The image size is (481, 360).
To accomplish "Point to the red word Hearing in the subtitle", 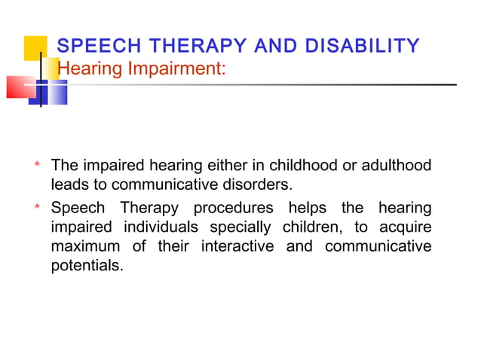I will (x=84, y=69).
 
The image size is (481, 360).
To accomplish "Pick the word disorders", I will (x=249, y=185).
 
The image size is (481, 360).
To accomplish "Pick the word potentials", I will (x=86, y=266).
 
